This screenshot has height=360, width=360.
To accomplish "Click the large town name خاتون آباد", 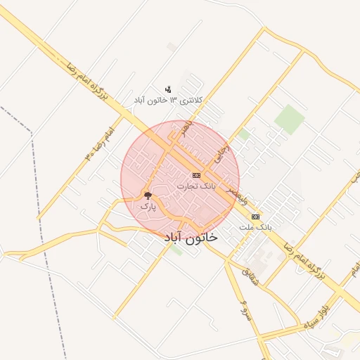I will click(191, 238).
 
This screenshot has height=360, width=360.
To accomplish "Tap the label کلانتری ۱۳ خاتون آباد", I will click(169, 101).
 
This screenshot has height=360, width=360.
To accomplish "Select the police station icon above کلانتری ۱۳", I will click(168, 89).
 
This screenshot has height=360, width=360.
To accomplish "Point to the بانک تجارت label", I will click(195, 186).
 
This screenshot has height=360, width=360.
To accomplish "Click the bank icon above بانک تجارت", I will click(195, 175).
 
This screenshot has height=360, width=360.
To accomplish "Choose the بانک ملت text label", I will click(255, 228).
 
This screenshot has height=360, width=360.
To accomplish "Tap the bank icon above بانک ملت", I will click(255, 217).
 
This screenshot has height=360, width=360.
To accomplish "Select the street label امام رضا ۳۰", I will click(99, 143).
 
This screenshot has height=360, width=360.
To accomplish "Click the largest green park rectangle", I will click(289, 119).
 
